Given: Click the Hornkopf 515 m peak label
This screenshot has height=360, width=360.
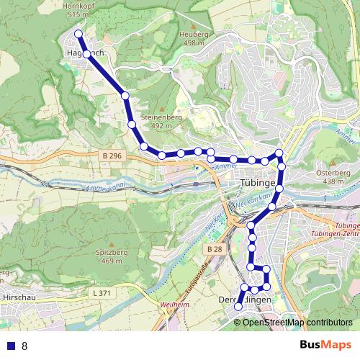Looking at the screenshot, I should [77, 9].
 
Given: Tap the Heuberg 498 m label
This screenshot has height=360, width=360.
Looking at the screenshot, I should [194, 38].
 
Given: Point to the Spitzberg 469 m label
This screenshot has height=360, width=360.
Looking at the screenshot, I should [108, 256].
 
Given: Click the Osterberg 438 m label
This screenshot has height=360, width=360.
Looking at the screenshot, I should [333, 177].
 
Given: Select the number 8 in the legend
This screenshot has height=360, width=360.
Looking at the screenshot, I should [24, 346].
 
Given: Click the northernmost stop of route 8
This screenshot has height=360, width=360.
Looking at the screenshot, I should [78, 33].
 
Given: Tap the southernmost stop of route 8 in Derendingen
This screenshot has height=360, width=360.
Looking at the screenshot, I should [238, 307].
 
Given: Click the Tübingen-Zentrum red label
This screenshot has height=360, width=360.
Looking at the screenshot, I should [337, 230].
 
